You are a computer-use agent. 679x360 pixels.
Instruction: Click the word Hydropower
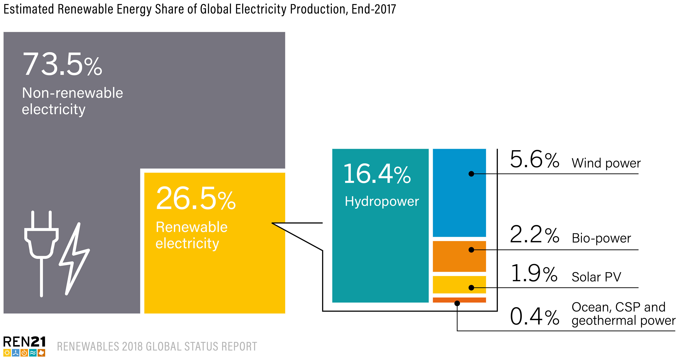(382, 202)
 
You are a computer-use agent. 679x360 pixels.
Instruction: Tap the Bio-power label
(601, 238)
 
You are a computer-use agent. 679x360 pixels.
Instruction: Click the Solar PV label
(596, 277)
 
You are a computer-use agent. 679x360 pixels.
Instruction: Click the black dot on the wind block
(471, 174)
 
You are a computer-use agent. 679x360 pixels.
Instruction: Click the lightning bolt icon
(74, 260)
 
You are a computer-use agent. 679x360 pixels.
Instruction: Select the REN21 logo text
(24, 342)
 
